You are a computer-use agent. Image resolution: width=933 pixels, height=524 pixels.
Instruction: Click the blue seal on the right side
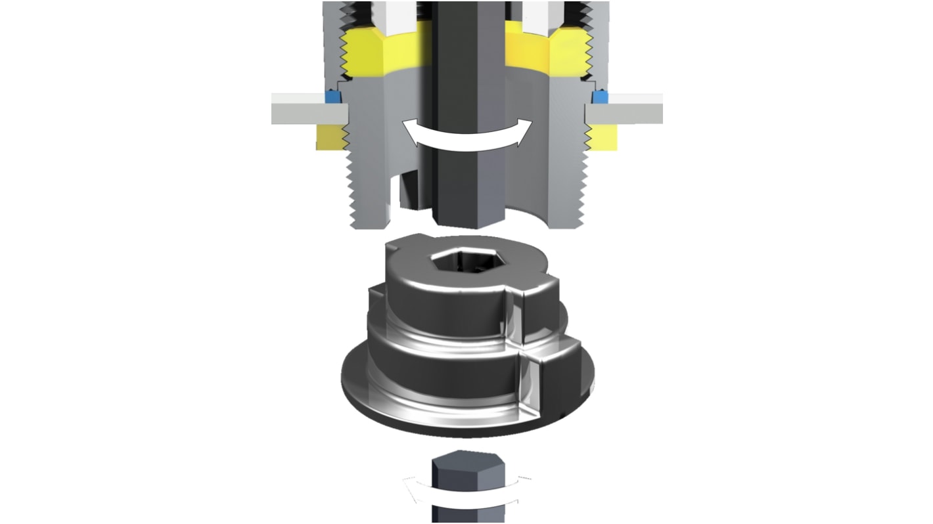pyautogui.click(x=599, y=97)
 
